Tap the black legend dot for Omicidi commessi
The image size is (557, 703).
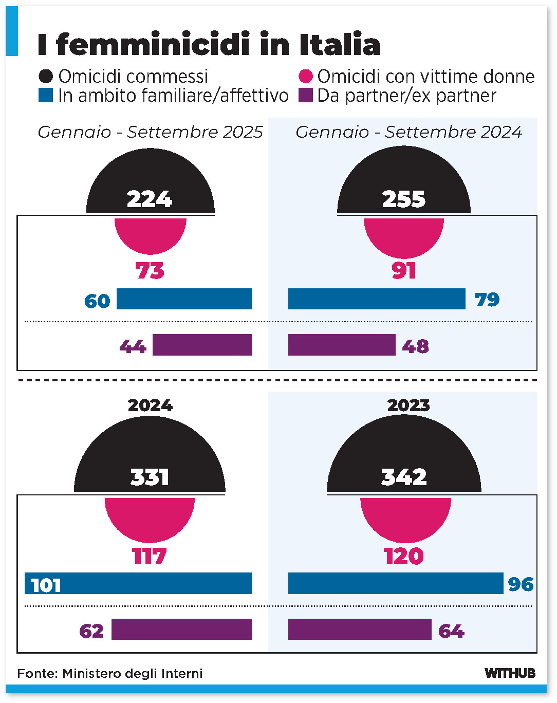coord(46,77)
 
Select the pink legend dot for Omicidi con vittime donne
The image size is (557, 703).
coord(306,77)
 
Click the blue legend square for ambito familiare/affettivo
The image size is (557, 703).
coord(46,96)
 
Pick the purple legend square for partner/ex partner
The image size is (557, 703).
coord(306,96)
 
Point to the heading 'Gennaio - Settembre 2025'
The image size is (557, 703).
coord(150,132)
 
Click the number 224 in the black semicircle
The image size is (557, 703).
coord(150,199)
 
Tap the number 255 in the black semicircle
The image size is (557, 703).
coord(404,199)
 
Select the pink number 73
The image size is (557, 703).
coord(150,271)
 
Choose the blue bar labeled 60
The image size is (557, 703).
coord(184,299)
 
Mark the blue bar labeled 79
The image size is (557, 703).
coord(377,299)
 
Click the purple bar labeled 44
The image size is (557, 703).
coord(202,345)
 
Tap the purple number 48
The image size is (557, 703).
coord(415,346)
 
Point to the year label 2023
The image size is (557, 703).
coord(409,405)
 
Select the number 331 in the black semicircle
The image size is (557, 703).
coord(150,477)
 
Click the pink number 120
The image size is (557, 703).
coord(404,557)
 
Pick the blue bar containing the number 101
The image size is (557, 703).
coord(138,584)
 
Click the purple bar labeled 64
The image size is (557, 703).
coord(360,630)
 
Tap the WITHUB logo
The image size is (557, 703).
coord(510,673)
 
